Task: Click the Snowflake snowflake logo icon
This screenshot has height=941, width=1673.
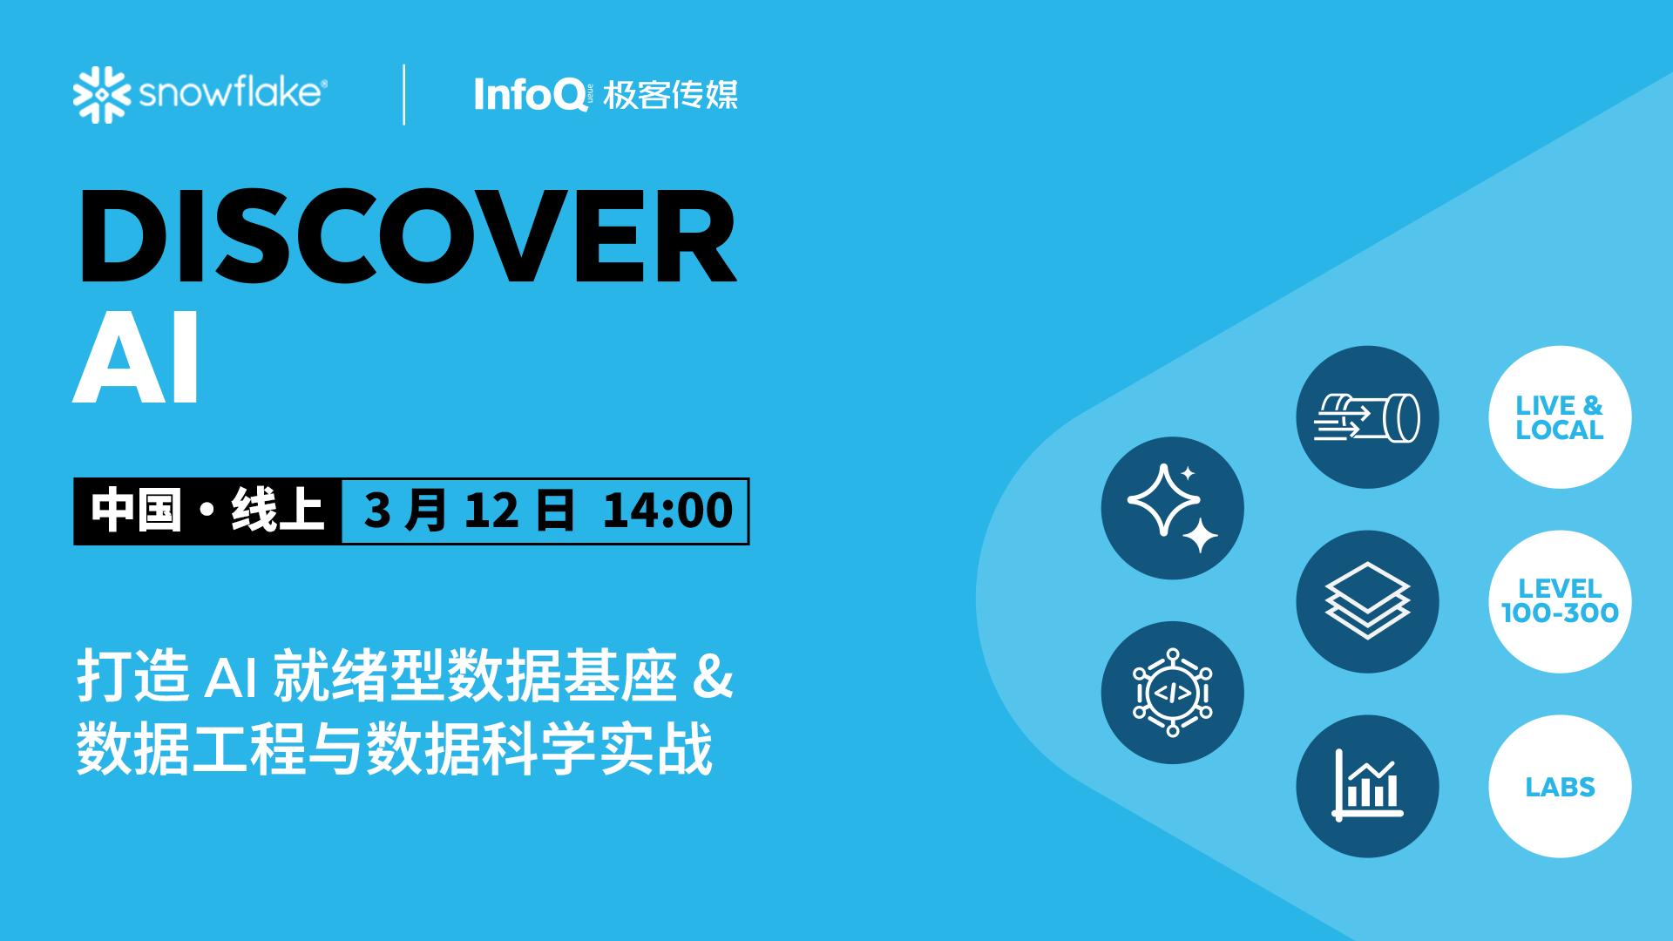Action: [x=101, y=94]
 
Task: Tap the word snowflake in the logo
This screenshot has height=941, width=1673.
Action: [x=232, y=92]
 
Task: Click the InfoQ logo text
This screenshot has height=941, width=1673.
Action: [x=531, y=94]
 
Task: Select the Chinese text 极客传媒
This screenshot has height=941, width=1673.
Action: [x=670, y=95]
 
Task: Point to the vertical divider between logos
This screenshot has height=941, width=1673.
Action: [x=404, y=94]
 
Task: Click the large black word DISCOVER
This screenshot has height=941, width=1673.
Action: [x=408, y=237]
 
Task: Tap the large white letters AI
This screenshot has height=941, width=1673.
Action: [x=137, y=357]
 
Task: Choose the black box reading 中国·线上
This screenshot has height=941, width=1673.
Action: [x=207, y=511]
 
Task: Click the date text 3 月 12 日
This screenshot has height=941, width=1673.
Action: [x=469, y=511]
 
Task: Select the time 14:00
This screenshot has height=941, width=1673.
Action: [x=667, y=511]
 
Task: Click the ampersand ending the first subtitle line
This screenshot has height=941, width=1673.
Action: [x=713, y=676]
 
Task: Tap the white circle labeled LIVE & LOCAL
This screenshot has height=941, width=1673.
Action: [x=1560, y=417]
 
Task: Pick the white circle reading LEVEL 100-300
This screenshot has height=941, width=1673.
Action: [x=1560, y=601]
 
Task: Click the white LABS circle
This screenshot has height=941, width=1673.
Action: [x=1560, y=787]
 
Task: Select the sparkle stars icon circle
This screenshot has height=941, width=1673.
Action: [x=1172, y=508]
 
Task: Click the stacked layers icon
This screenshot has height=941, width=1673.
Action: [x=1367, y=601]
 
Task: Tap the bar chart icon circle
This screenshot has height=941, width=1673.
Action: [x=1367, y=787]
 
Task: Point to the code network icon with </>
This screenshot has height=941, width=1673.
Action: [x=1172, y=693]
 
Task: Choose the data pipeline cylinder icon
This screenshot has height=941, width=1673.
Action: [x=1367, y=417]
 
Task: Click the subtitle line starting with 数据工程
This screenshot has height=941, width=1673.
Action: [x=394, y=749]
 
